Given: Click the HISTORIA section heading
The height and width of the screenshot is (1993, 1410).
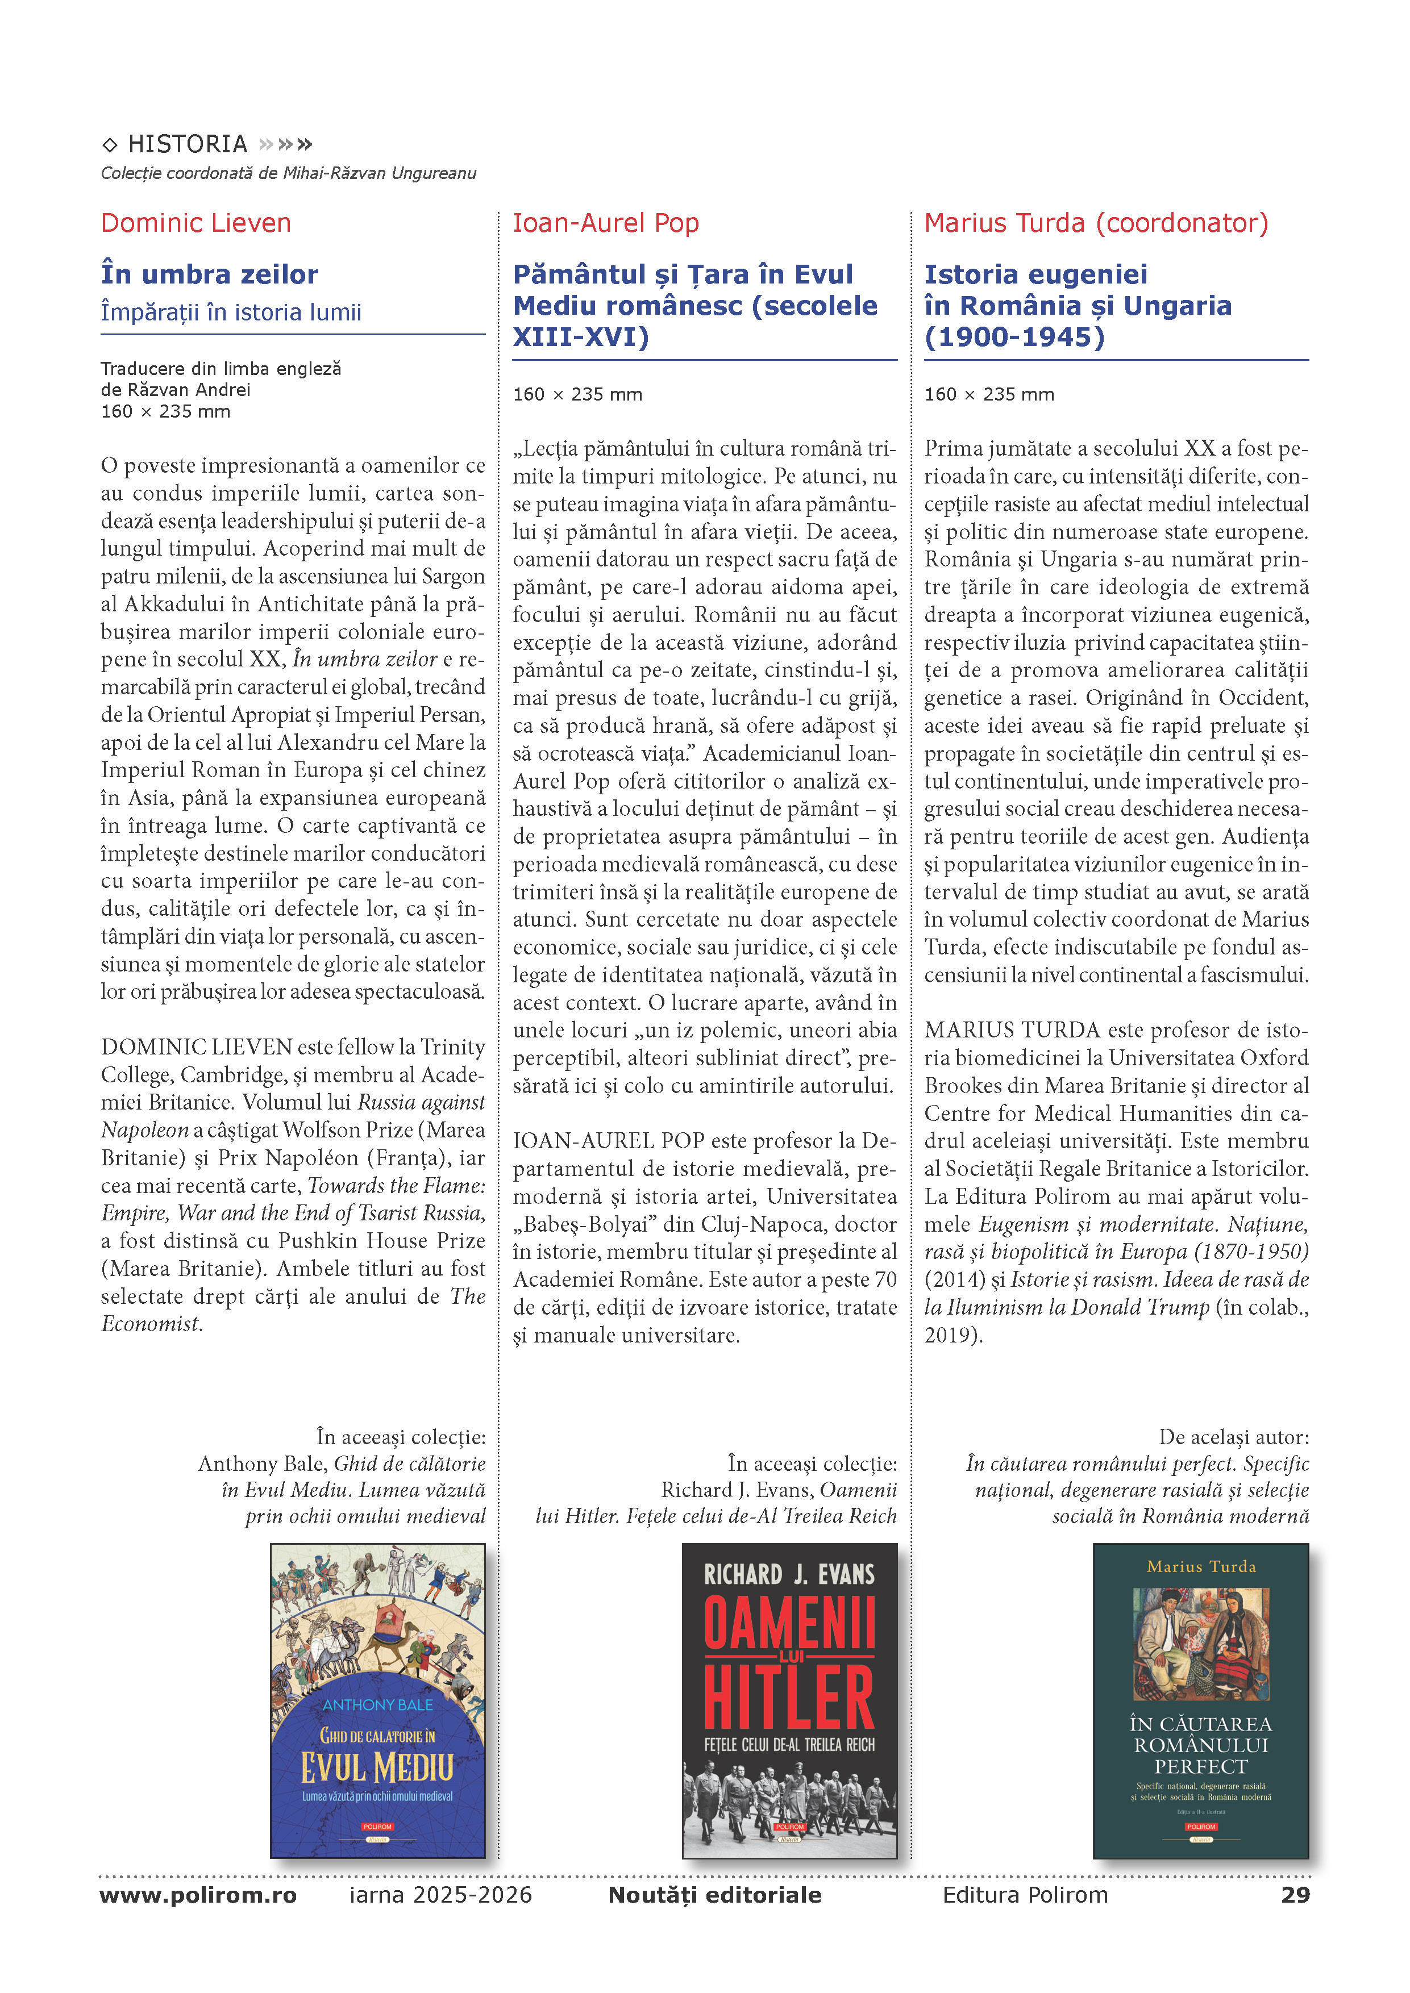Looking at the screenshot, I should pos(188,144).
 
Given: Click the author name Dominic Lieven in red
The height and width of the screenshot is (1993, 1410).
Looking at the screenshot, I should pos(196,223).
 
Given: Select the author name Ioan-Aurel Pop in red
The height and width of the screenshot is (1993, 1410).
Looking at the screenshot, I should pos(605,223).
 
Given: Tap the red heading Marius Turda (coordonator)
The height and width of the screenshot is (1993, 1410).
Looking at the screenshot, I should pos(1096,223).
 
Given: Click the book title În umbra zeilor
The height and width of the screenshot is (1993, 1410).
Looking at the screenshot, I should pos(209,274).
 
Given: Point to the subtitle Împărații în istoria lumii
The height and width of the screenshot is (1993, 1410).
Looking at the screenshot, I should pos(231,312).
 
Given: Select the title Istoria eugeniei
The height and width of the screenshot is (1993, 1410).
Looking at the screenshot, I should pos(1035,274).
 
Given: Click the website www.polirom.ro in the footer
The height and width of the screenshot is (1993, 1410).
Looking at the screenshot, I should pos(198,1894).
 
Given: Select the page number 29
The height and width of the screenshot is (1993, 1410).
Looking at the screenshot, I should pos(1295,1894).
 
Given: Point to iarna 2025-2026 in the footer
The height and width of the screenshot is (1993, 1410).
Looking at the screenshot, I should pos(440,1894).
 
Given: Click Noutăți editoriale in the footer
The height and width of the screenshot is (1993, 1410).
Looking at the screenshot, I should pos(714,1894).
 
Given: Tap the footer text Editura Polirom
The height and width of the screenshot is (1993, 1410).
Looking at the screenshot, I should pos(1025,1894).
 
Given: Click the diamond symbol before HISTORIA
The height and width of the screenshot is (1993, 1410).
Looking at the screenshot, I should pos(109,145).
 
